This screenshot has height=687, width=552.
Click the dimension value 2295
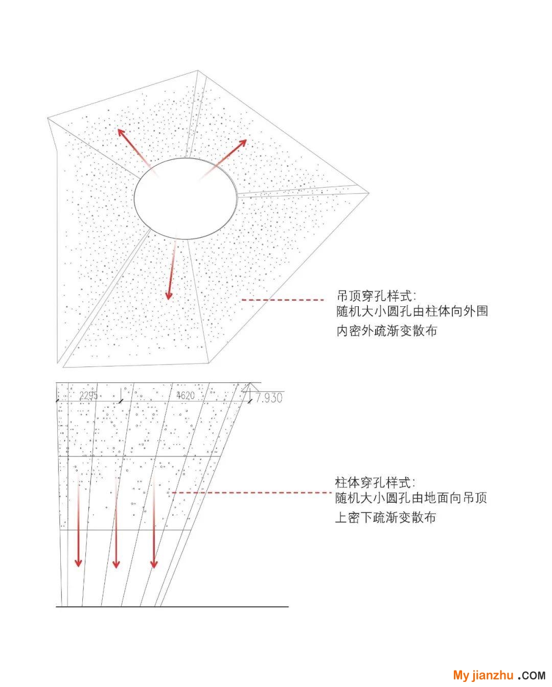pyautogui.click(x=88, y=396)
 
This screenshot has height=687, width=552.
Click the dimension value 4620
pyautogui.click(x=186, y=396)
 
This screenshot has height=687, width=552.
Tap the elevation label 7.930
pyautogui.click(x=269, y=398)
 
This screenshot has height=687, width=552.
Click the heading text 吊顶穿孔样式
pyautogui.click(x=373, y=296)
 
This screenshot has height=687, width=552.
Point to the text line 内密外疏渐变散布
pyautogui.click(x=386, y=331)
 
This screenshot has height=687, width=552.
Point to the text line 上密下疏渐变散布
pyautogui.click(x=385, y=518)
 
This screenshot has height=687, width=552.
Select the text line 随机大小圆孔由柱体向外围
pyautogui.click(x=412, y=311)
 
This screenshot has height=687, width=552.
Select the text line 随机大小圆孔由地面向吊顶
pyautogui.click(x=411, y=498)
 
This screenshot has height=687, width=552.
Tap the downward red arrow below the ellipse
pyautogui.click(x=172, y=267)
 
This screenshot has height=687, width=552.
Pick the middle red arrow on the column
pyautogui.click(x=116, y=524)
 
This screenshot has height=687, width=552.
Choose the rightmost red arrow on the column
pyautogui.click(x=154, y=524)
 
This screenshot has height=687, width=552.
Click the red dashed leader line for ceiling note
pyautogui.click(x=283, y=300)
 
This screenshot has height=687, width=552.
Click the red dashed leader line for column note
pyautogui.click(x=252, y=493)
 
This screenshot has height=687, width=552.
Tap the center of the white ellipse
pyautogui.click(x=186, y=198)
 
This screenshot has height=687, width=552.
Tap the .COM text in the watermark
pyautogui.click(x=532, y=675)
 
